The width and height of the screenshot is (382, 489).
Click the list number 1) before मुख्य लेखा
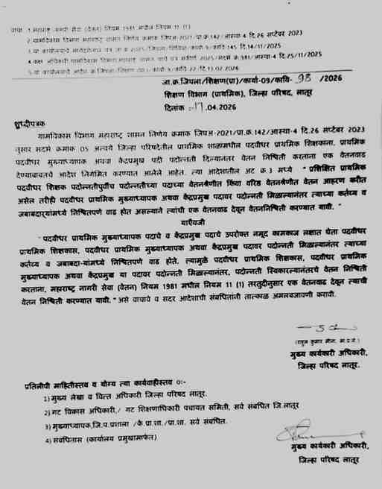tap(46, 399)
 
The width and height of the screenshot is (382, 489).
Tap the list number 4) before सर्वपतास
tap(46, 441)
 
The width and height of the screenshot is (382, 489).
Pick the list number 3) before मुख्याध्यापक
tap(46, 426)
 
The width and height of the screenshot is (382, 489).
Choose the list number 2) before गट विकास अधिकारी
tap(46, 413)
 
